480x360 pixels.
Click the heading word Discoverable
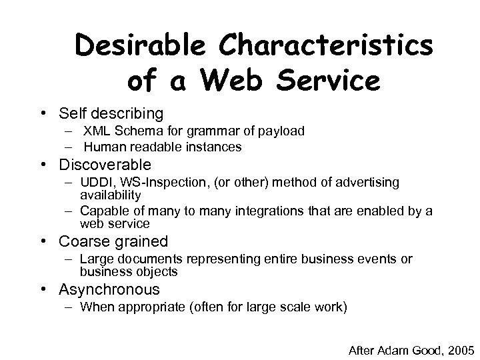pos(105,164)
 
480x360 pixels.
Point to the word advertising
pos(368,183)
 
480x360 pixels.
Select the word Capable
pos(101,211)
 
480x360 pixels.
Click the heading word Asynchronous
pos(109,289)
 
